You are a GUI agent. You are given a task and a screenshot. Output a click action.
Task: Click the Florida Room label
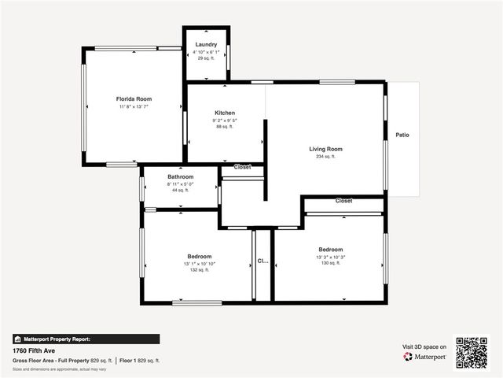(134, 99)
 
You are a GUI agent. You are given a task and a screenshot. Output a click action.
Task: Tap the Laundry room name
(206, 45)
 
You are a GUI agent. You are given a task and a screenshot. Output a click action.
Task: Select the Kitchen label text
(225, 113)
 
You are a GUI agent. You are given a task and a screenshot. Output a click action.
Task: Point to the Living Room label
(325, 149)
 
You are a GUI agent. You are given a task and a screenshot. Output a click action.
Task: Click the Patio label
(402, 135)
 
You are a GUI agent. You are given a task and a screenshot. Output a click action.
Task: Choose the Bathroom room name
(180, 177)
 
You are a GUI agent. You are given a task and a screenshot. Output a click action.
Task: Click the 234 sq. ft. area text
(325, 157)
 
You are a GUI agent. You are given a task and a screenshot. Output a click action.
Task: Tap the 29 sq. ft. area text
(206, 58)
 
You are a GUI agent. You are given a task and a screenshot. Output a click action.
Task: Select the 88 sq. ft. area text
(225, 127)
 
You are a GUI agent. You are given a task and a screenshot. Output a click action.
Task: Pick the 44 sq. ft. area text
(180, 190)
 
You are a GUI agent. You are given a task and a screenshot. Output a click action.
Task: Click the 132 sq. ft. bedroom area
(200, 270)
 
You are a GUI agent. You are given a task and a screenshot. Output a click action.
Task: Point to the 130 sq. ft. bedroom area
(330, 263)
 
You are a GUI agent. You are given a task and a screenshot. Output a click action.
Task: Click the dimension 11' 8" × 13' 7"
(134, 106)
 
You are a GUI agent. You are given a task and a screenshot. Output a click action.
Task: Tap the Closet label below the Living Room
(343, 201)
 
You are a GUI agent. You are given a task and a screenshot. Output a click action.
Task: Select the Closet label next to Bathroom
(242, 167)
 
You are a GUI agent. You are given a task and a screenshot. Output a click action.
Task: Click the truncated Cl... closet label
(263, 261)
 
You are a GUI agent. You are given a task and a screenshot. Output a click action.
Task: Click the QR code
(472, 353)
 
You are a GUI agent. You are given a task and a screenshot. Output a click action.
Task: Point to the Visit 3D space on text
(424, 346)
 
